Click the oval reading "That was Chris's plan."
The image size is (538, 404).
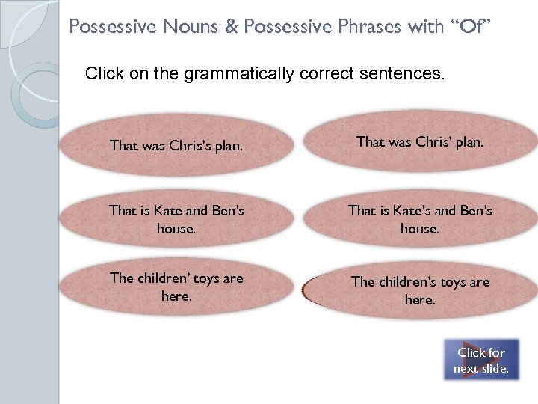176,145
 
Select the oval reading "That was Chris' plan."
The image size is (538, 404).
420,142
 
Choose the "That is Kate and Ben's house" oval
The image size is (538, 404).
176,219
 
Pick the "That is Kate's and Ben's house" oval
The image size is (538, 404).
420,219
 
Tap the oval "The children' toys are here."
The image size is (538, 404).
176,287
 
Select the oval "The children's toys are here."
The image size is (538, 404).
420,290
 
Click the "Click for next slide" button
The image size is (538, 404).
482,360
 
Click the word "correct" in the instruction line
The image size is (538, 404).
327,74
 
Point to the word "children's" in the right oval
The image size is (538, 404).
412,282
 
